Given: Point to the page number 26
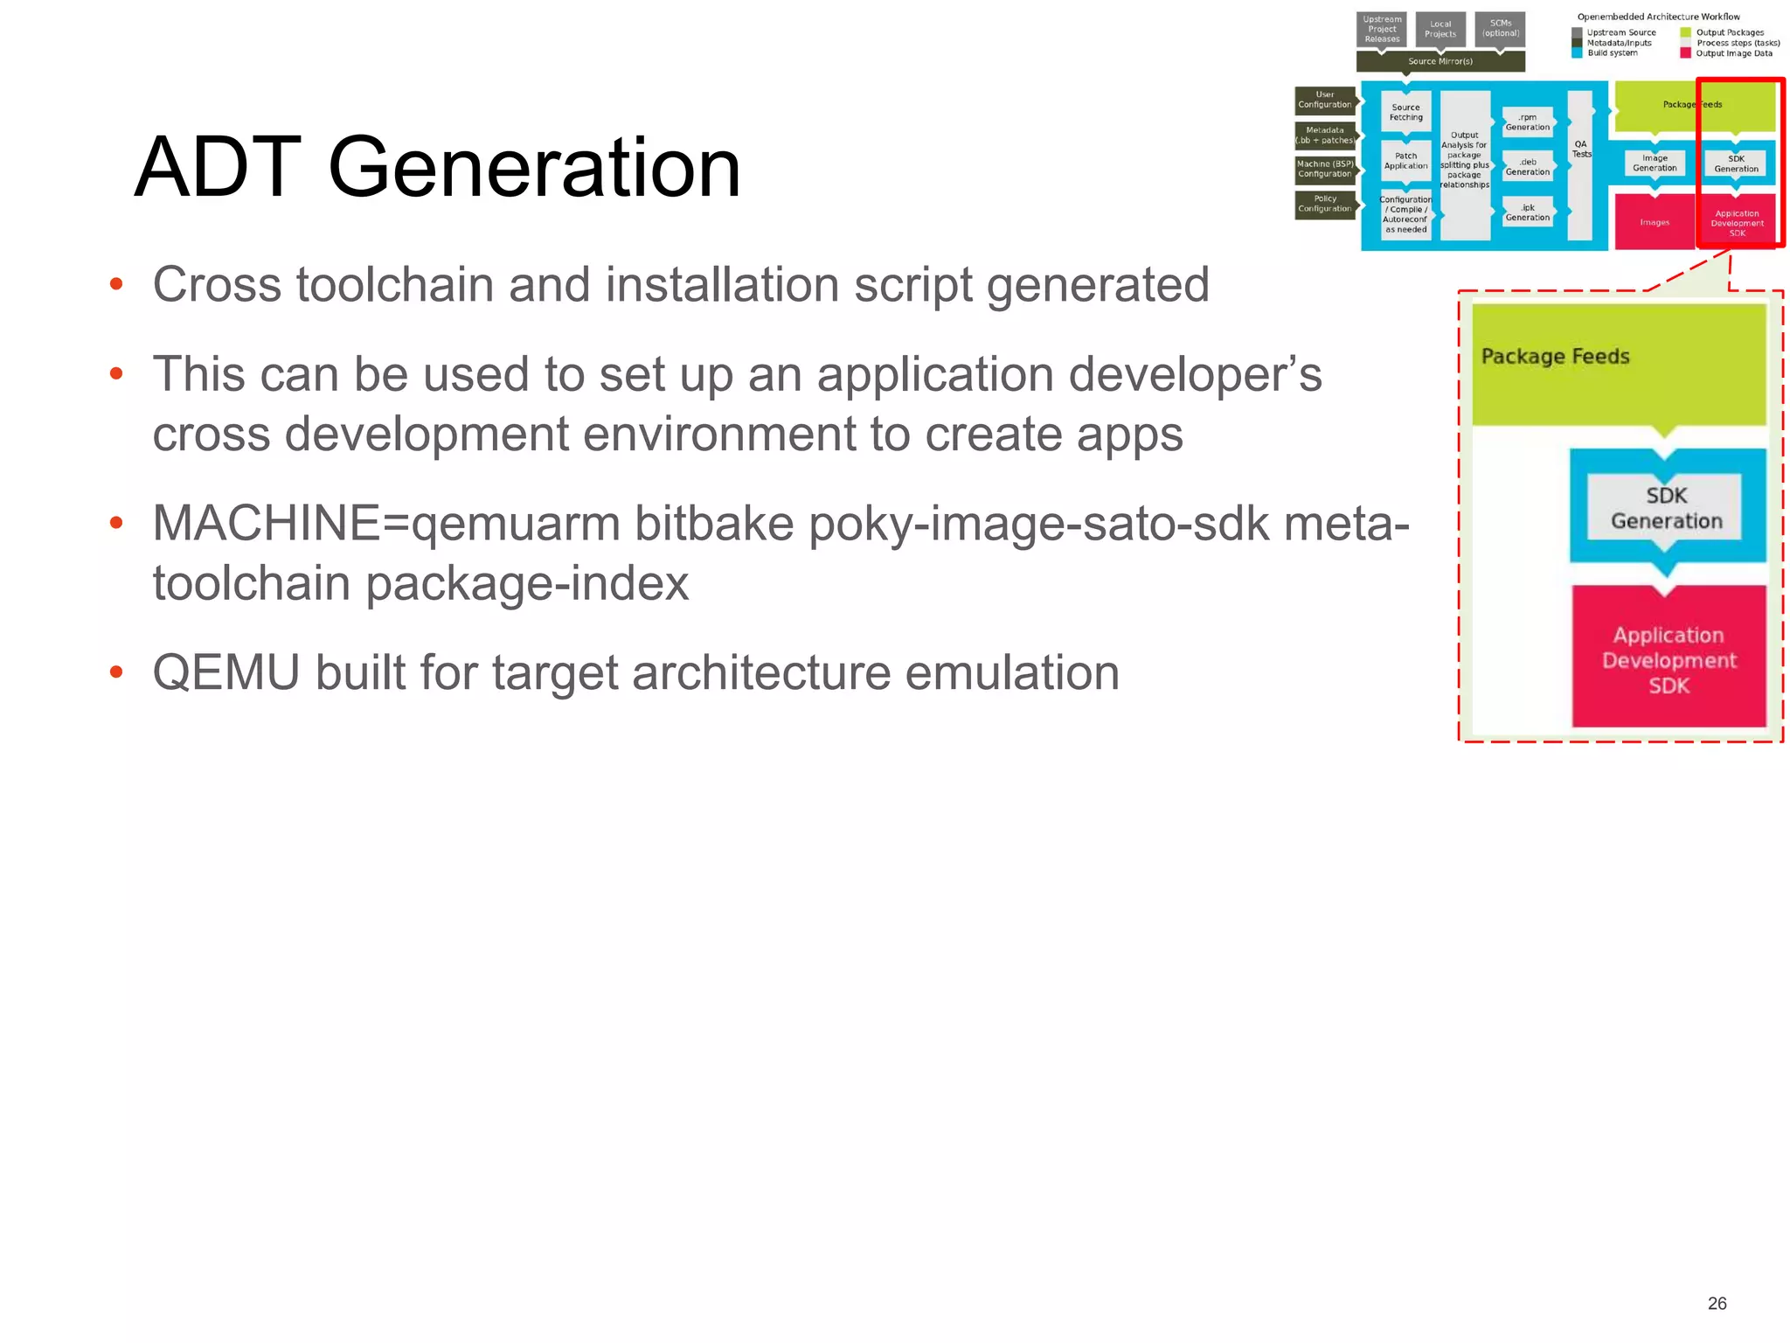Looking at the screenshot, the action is click(x=1717, y=1304).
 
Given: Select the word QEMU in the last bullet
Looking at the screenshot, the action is click(x=225, y=673).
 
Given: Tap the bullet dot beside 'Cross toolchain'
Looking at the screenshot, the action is click(x=116, y=285).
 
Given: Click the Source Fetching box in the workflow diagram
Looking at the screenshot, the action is click(x=1405, y=113).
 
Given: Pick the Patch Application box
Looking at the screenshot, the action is click(x=1405, y=161).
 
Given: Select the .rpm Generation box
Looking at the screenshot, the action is click(x=1527, y=122).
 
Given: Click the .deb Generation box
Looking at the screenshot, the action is click(x=1527, y=167).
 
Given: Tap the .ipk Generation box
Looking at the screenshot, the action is click(x=1527, y=212).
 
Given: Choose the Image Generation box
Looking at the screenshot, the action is click(x=1655, y=164).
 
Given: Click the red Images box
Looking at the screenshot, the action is click(x=1654, y=222).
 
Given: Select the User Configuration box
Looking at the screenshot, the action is click(x=1324, y=100).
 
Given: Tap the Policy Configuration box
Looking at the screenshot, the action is click(x=1324, y=204).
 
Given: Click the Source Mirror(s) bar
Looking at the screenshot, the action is click(x=1440, y=61).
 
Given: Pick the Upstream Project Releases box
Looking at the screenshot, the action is click(x=1382, y=29).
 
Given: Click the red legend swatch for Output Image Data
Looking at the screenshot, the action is click(x=1685, y=53).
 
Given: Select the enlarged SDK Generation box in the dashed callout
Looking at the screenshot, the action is click(x=1666, y=508).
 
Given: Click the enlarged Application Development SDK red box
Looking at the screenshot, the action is click(x=1669, y=659).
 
